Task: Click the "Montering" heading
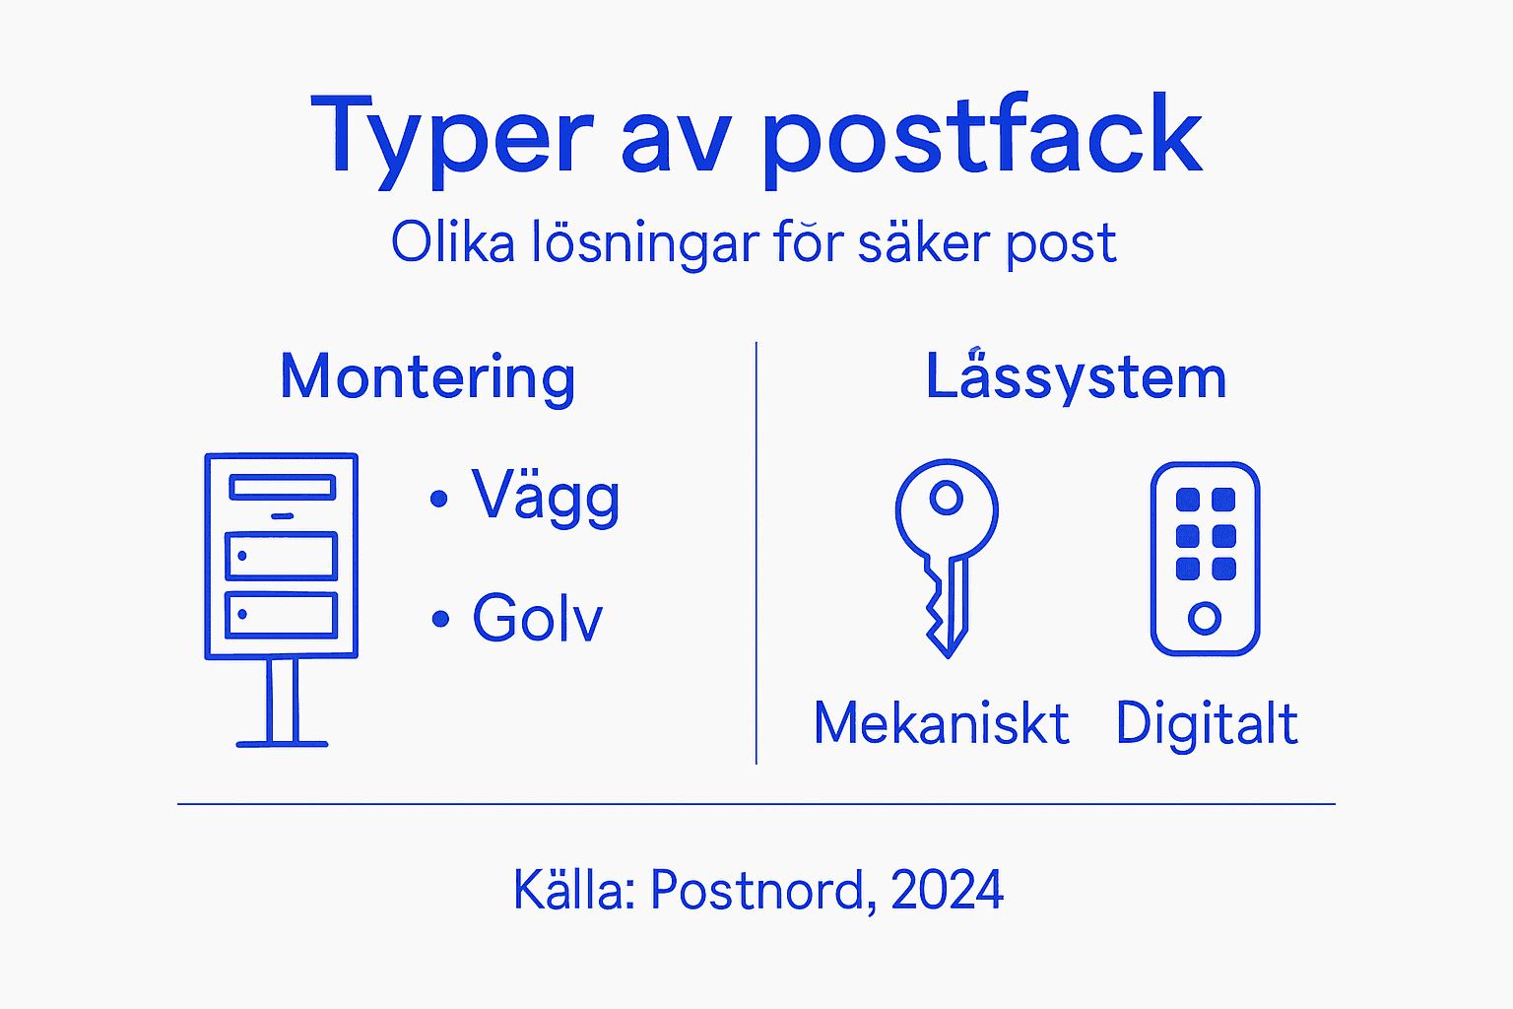pyautogui.click(x=428, y=377)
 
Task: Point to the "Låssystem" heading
pyautogui.click(x=1076, y=377)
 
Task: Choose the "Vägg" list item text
pyautogui.click(x=546, y=496)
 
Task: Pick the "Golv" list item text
pyautogui.click(x=537, y=618)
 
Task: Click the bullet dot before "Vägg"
pyautogui.click(x=439, y=500)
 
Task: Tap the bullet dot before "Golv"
pyautogui.click(x=440, y=620)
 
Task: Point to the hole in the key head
pyautogui.click(x=947, y=498)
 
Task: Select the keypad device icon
pyautogui.click(x=1205, y=559)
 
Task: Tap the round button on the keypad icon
pyautogui.click(x=1205, y=619)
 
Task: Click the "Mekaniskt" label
pyautogui.click(x=941, y=724)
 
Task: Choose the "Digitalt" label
pyautogui.click(x=1206, y=724)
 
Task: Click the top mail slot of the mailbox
pyautogui.click(x=282, y=487)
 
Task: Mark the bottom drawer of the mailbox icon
pyautogui.click(x=282, y=615)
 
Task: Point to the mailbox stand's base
pyautogui.click(x=282, y=743)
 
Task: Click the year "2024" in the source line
pyautogui.click(x=947, y=890)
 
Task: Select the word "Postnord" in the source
pyautogui.click(x=756, y=890)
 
